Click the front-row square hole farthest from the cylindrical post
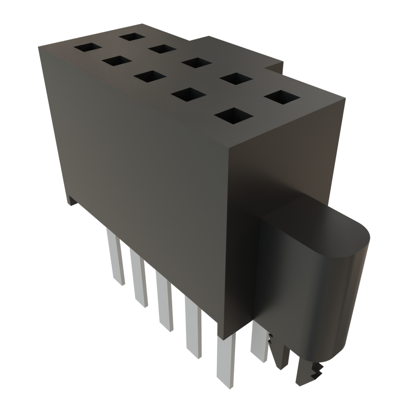[88, 47]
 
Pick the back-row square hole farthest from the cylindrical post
[132, 37]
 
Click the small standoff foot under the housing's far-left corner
[71, 200]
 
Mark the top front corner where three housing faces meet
[229, 148]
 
